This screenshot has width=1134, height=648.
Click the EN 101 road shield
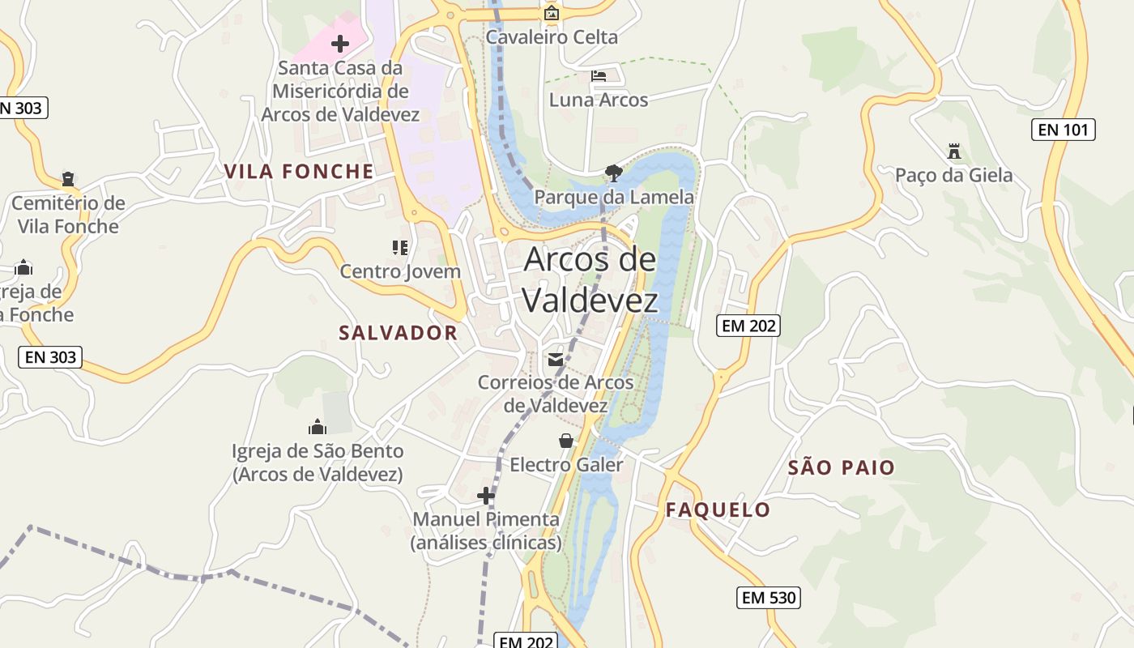click(1063, 129)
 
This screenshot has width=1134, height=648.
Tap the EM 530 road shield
click(769, 598)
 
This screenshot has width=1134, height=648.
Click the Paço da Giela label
click(953, 175)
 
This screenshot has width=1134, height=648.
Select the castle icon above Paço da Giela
click(954, 151)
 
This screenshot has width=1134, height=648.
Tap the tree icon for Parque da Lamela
click(614, 172)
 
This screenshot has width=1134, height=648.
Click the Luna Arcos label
click(599, 100)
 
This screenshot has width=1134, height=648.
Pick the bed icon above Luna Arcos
click(599, 76)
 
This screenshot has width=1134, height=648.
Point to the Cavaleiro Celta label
click(552, 36)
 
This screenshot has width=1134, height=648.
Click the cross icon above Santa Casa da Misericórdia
click(340, 44)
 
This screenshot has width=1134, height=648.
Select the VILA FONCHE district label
click(299, 171)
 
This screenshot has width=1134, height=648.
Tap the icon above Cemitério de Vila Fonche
click(68, 179)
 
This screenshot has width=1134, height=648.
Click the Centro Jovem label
click(400, 271)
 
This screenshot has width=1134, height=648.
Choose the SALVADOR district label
click(398, 333)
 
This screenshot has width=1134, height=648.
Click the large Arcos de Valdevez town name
click(590, 279)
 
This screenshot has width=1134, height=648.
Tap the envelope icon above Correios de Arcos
click(556, 359)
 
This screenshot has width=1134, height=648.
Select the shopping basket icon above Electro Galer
click(566, 441)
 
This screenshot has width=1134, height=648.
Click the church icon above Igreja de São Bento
click(317, 427)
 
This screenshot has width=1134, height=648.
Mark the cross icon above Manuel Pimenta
click(486, 495)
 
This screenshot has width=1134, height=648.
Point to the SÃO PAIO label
click(842, 467)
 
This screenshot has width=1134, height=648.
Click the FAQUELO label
click(718, 509)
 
